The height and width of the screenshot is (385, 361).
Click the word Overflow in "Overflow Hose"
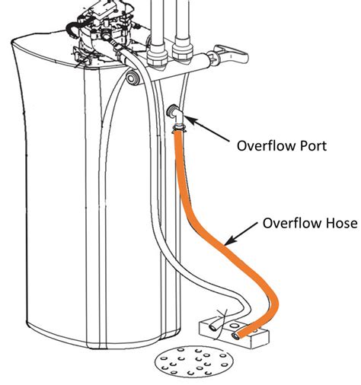tap(286, 224)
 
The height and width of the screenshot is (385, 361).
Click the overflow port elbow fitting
tap(174, 113)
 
